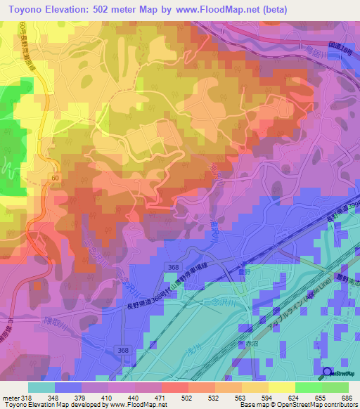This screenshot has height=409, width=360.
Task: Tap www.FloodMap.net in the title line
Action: coord(229,10)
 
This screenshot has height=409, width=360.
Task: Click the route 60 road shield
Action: coord(54,180)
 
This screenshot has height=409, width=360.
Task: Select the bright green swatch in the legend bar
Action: coord(310,387)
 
